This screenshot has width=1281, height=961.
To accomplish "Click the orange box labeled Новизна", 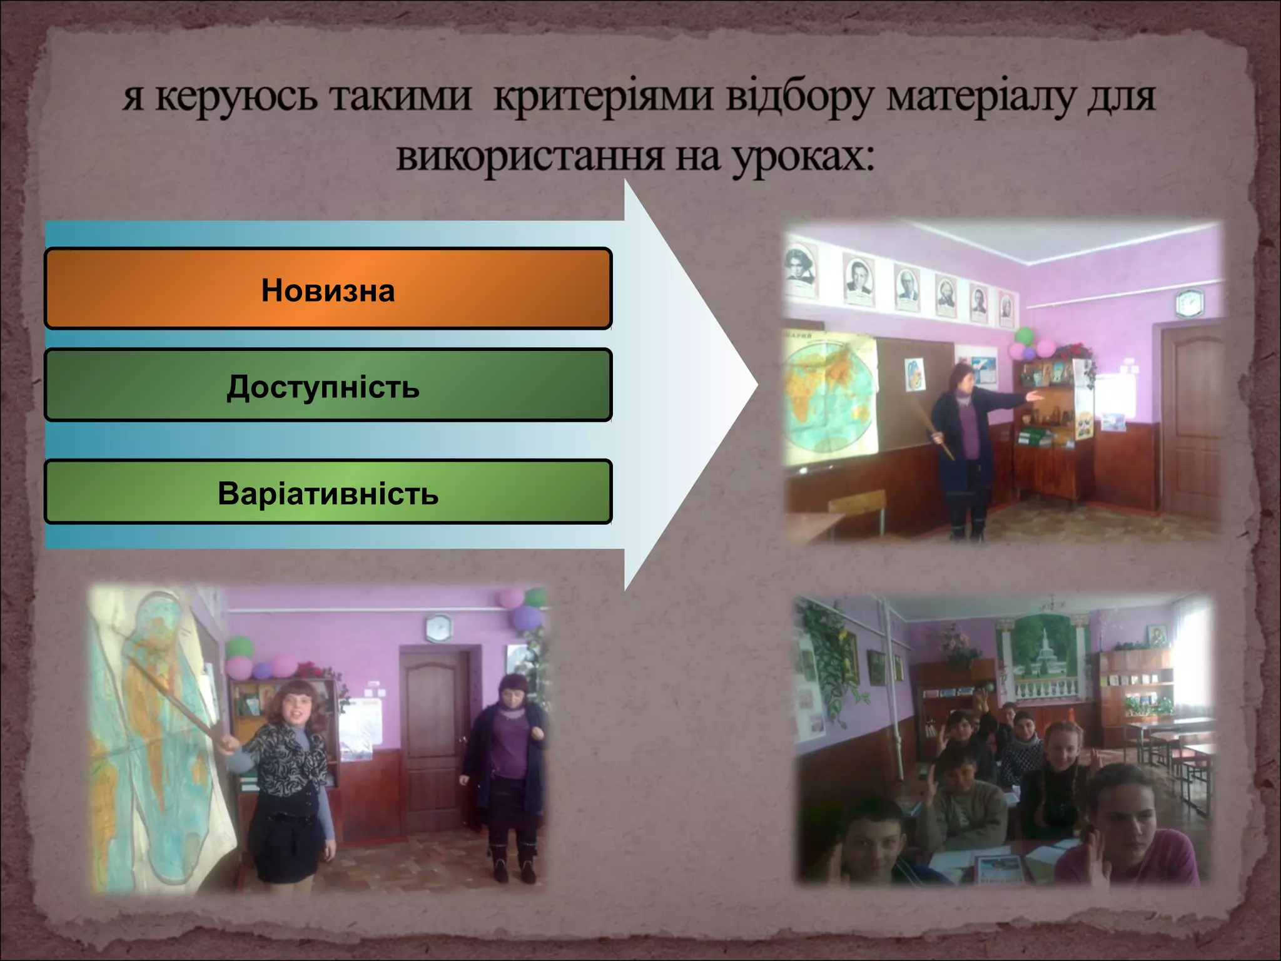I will [x=328, y=289].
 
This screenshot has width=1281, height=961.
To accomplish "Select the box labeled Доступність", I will [x=328, y=385].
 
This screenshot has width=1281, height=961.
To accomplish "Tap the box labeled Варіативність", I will [x=328, y=492].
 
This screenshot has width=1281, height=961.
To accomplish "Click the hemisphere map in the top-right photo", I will [x=829, y=400].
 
